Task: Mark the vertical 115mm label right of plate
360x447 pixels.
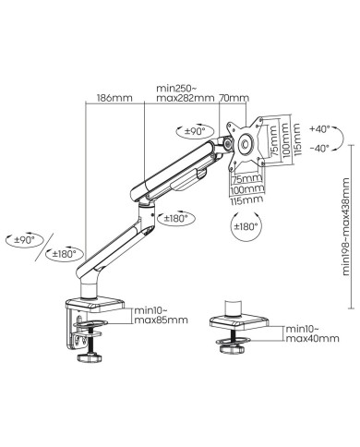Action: (296, 141)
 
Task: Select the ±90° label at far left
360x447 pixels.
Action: (25, 238)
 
